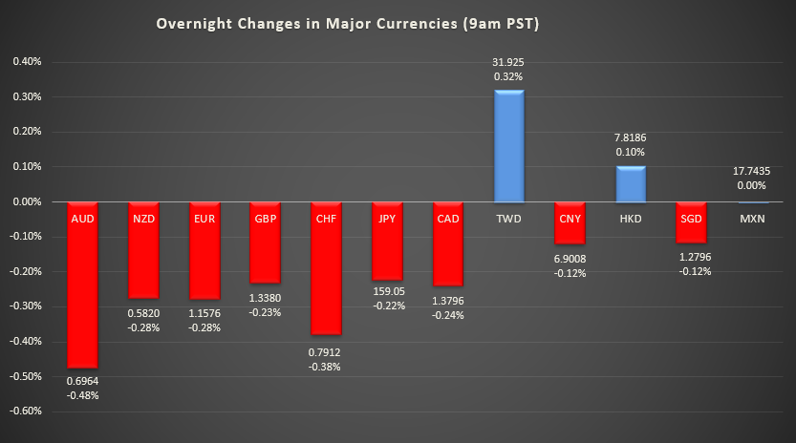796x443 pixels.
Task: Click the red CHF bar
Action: click(325, 277)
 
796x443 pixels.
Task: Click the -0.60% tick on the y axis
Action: click(26, 411)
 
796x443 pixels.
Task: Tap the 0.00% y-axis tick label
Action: click(27, 201)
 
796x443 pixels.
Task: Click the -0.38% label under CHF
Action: click(325, 367)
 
